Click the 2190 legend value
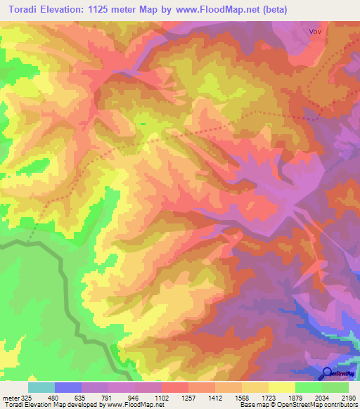[x=349, y=398]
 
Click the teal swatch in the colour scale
[x=41, y=387]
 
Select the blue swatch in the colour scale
[x=67, y=387]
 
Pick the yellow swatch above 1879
[x=281, y=387]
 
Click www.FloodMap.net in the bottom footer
[x=134, y=405]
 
